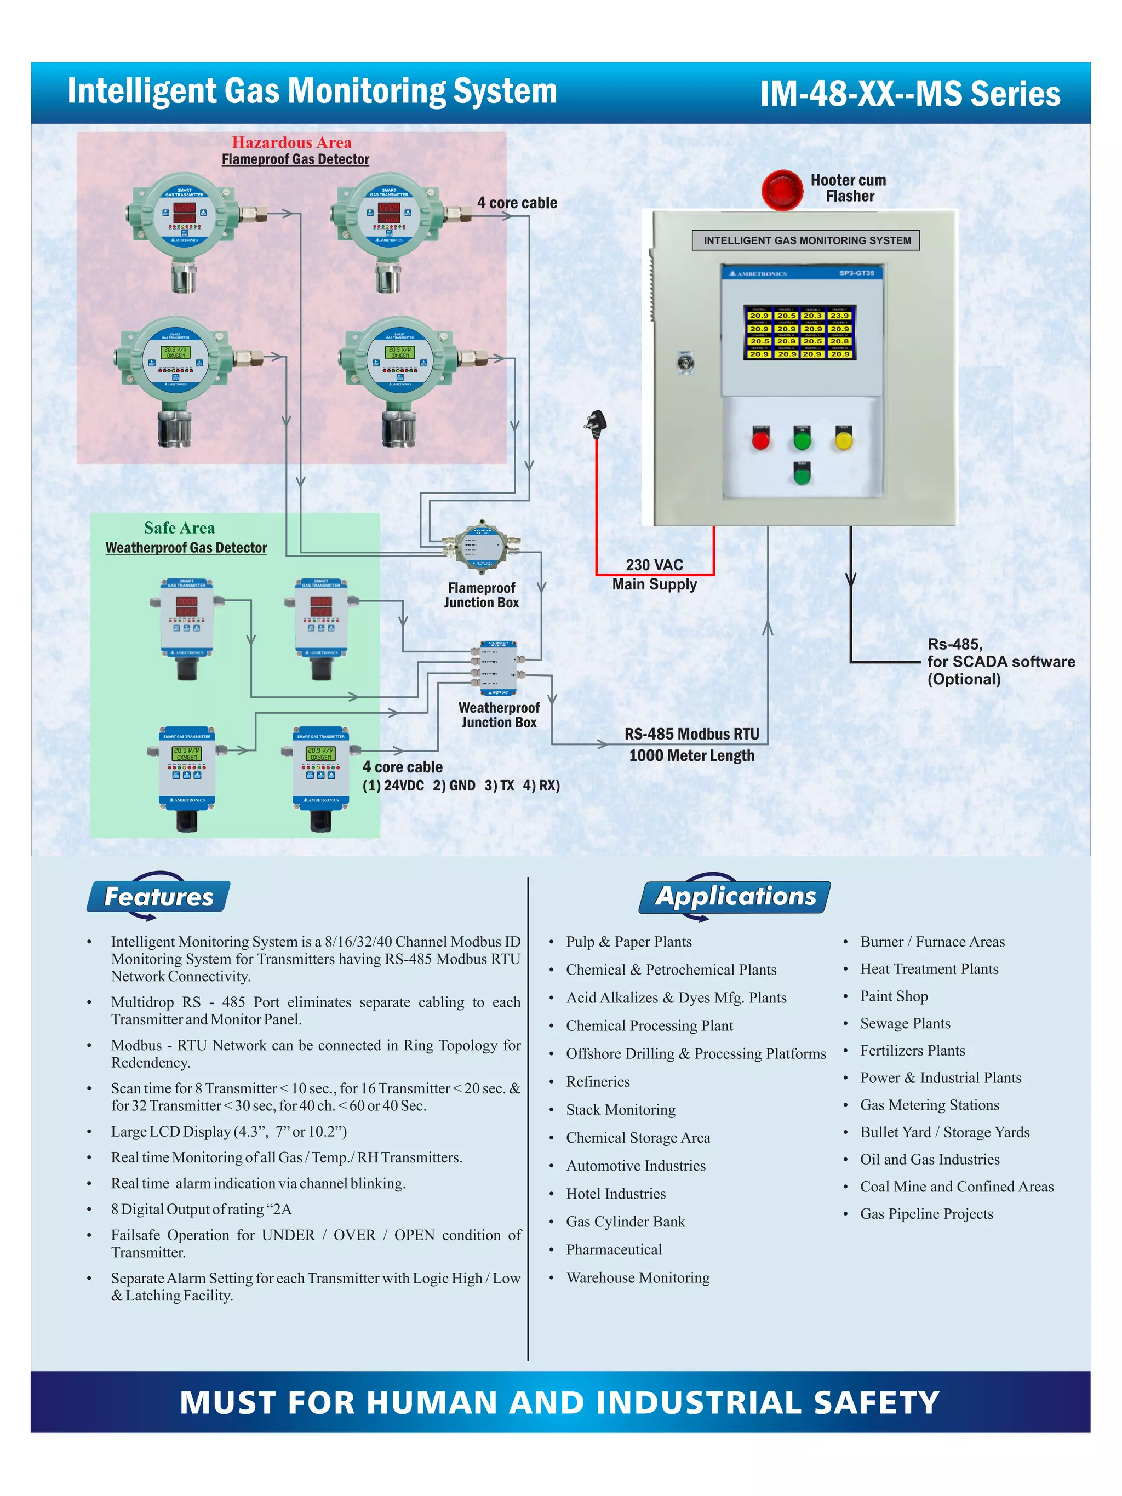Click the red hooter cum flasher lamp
782,190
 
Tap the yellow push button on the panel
843,441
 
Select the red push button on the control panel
760,441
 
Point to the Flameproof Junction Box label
481,595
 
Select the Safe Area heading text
179,528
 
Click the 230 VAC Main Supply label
654,574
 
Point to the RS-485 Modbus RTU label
691,735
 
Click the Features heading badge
158,897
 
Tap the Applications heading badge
735,896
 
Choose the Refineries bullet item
598,1081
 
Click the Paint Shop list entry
894,996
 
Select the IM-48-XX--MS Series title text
909,93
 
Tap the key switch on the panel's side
685,363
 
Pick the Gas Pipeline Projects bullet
926,1214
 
